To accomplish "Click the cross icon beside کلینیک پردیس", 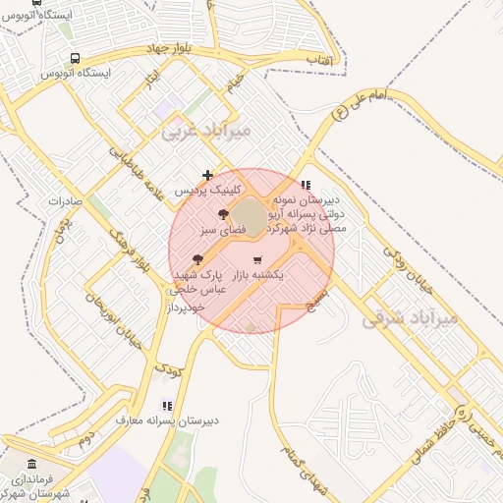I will pos(207,175).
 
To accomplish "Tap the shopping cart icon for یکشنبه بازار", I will pos(257,260).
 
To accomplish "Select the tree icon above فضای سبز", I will pos(223,214).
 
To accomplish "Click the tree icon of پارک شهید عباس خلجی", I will pos(198,259).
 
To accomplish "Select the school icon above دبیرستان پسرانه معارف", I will pos(166,405).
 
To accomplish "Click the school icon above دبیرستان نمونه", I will pos(306,184).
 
